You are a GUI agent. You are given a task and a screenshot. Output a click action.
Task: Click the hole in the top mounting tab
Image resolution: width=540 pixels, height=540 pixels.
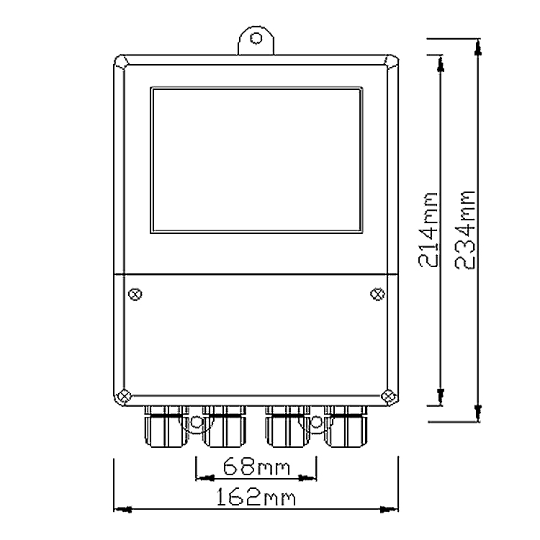point(256,39)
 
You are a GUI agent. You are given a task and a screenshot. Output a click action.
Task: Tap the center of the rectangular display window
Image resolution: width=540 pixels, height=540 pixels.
point(255,160)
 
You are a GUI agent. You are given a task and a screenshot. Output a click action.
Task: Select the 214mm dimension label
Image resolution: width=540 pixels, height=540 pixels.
point(429,229)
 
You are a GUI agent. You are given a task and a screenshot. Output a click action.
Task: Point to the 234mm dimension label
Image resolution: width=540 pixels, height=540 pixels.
point(467,229)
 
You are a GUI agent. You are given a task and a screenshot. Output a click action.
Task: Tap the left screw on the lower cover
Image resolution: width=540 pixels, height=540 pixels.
point(135,294)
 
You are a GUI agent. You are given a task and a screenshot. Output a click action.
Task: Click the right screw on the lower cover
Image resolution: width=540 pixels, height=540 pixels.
point(377,294)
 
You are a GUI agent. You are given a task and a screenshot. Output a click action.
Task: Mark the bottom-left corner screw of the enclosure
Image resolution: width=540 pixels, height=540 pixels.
point(123,395)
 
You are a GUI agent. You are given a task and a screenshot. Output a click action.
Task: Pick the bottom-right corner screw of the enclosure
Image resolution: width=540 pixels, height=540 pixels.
point(388,395)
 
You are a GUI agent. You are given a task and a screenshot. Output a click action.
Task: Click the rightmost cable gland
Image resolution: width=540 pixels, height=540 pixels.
point(347,426)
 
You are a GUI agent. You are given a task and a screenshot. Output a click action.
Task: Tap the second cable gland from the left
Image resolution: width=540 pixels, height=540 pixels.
point(224,426)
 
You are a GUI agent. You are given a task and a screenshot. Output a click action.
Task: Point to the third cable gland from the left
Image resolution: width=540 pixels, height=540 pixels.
point(287,426)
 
